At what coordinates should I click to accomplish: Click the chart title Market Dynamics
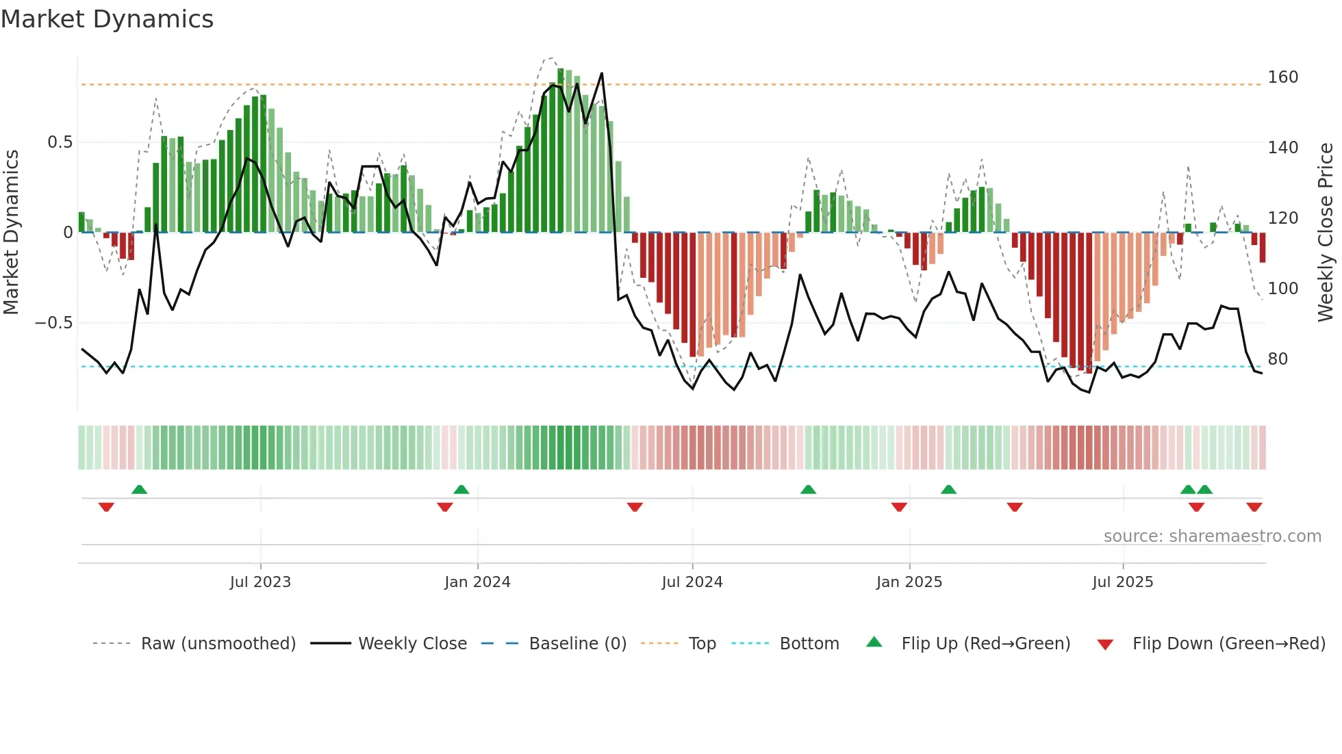(x=107, y=19)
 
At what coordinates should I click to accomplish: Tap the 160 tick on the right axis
(x=1282, y=77)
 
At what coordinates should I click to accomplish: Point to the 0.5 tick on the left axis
(x=60, y=142)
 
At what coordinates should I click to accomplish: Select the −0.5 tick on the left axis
(x=54, y=323)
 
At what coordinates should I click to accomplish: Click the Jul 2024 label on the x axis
(x=692, y=582)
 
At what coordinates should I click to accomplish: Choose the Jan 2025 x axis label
(x=909, y=582)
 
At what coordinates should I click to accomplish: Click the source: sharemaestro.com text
(x=1212, y=536)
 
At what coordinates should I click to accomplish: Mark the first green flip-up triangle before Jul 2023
(x=139, y=489)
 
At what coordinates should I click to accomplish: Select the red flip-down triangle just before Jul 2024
(x=635, y=507)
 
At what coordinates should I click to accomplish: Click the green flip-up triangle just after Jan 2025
(x=948, y=489)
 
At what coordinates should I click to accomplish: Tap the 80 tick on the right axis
(x=1277, y=359)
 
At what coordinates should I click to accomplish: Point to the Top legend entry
(x=702, y=644)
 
